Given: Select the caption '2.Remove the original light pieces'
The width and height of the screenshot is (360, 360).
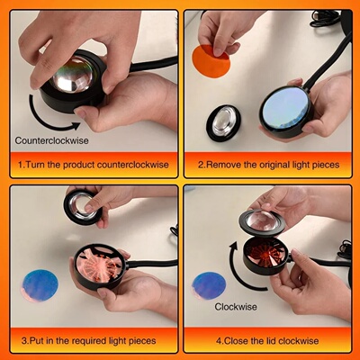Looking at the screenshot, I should click(x=268, y=166).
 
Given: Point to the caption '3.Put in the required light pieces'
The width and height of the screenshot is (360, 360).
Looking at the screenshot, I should click(x=90, y=340).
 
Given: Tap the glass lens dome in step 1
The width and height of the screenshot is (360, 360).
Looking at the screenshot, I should click(x=72, y=74).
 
